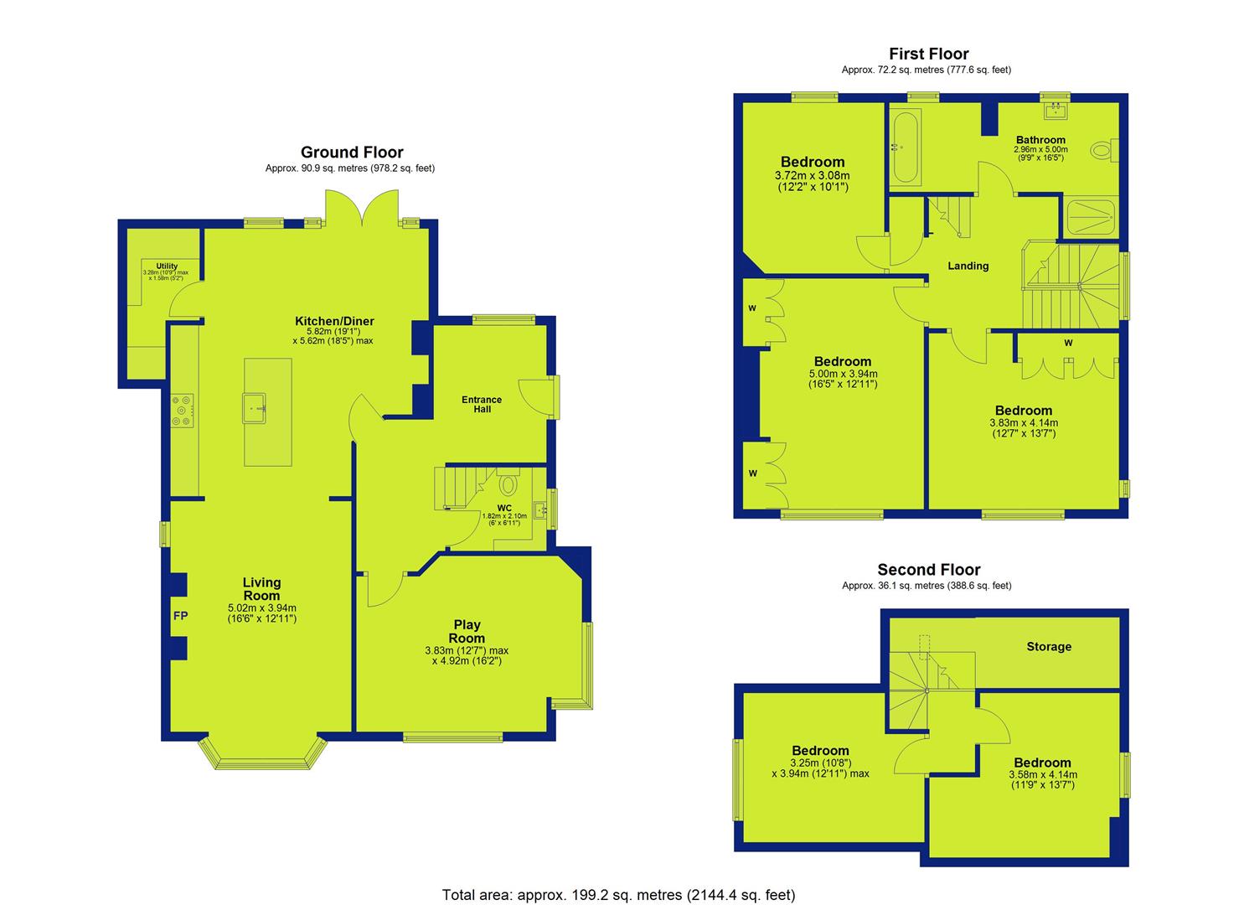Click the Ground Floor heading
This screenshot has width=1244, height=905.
[x=352, y=153]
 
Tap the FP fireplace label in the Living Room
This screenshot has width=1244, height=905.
[x=180, y=616]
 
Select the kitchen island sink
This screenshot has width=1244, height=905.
[x=255, y=408]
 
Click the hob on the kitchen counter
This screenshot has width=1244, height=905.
[x=182, y=411]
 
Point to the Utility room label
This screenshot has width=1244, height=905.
[x=167, y=266]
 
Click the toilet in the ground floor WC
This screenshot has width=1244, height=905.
[x=508, y=482]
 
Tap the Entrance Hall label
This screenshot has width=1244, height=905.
[x=482, y=405]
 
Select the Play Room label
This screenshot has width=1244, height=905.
[x=467, y=631]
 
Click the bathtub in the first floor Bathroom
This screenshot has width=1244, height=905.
[x=905, y=147]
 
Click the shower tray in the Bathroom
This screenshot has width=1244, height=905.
[x=1092, y=218]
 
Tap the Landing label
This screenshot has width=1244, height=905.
[x=968, y=266]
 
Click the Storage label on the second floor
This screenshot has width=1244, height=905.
[x=1049, y=647]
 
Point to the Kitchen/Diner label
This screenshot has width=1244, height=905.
[x=334, y=321]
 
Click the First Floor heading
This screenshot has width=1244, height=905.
[x=929, y=54]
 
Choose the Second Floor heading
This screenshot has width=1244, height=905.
[x=928, y=570]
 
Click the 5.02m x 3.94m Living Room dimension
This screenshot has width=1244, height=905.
[x=262, y=608]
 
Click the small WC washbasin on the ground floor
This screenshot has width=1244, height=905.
[x=539, y=509]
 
